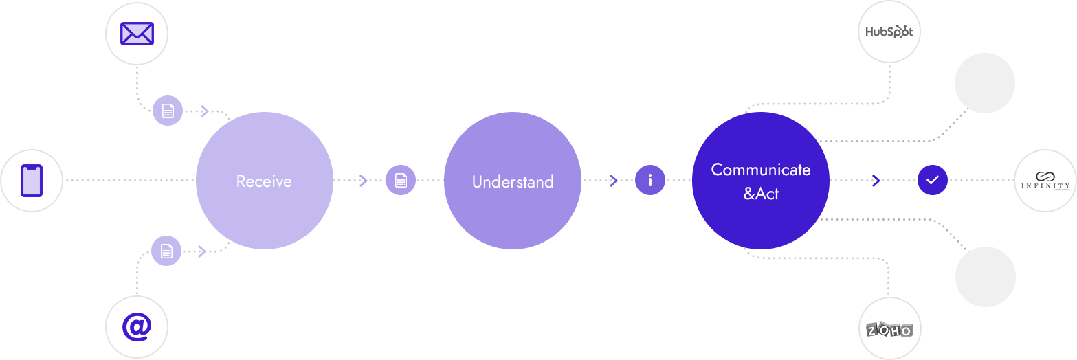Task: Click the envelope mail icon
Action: tap(137, 33)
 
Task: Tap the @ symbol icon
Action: tap(137, 328)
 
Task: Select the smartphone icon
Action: tap(31, 180)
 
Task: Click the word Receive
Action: tap(264, 181)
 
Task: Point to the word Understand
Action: tap(513, 181)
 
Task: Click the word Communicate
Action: tap(761, 170)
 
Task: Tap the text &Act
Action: tap(761, 194)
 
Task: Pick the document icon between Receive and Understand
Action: tap(400, 180)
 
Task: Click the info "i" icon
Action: tap(649, 180)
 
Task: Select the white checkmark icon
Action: tap(932, 180)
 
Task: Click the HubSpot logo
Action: tap(889, 32)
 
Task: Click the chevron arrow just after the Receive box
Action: tap(364, 181)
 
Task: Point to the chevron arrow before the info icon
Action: tap(612, 181)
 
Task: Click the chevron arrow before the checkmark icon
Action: tap(876, 181)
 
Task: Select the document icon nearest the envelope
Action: tap(168, 110)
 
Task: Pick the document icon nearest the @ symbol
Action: tap(166, 251)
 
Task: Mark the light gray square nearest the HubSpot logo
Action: tap(984, 82)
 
